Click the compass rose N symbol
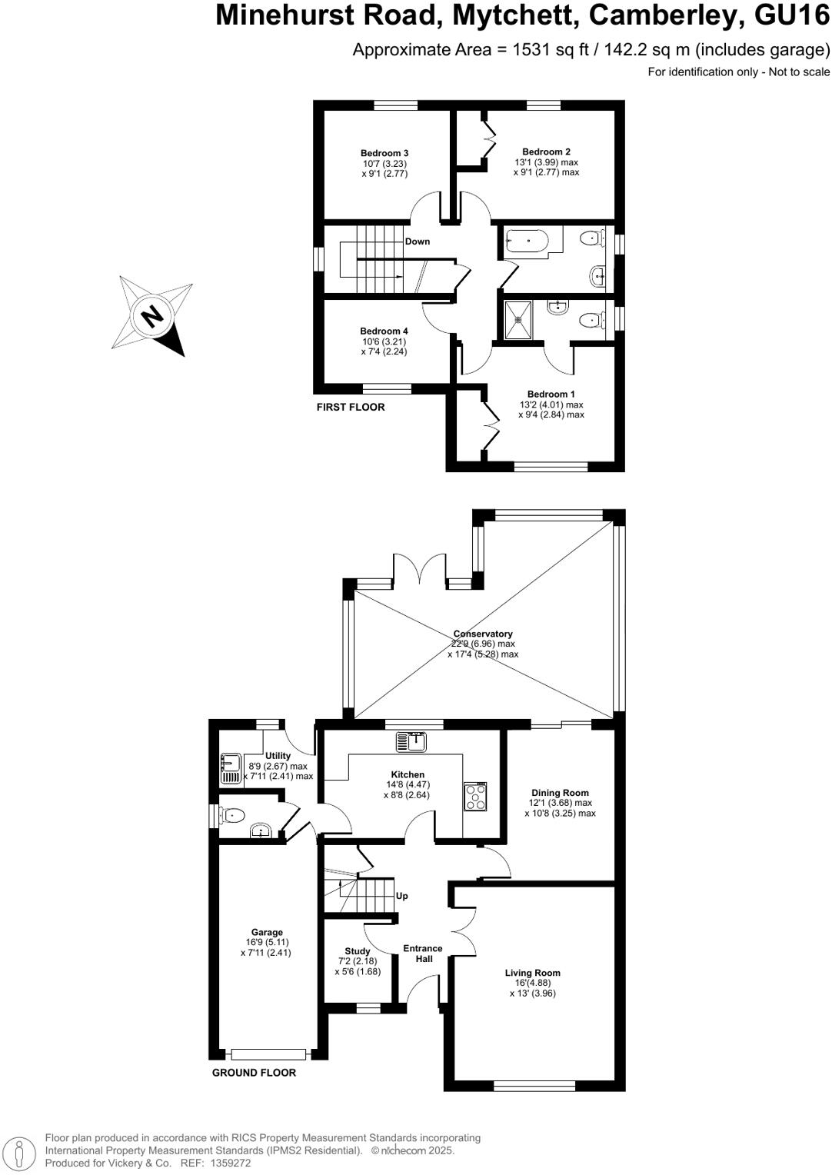pos(153,315)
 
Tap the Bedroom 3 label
pos(384,153)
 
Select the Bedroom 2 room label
pos(546,152)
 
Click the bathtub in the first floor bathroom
pos(527,241)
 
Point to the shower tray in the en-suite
pos(518,319)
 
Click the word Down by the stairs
pos(418,241)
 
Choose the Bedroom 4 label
pos(384,331)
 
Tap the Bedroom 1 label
pos(551,394)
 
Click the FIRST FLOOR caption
pos(351,407)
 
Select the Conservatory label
pos(483,634)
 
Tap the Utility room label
pos(278,756)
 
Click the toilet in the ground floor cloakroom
pos(231,814)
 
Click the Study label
pos(358,951)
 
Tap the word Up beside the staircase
pos(401,896)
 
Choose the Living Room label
pos(532,973)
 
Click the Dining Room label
pos(560,793)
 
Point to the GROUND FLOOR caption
pos(254,1073)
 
